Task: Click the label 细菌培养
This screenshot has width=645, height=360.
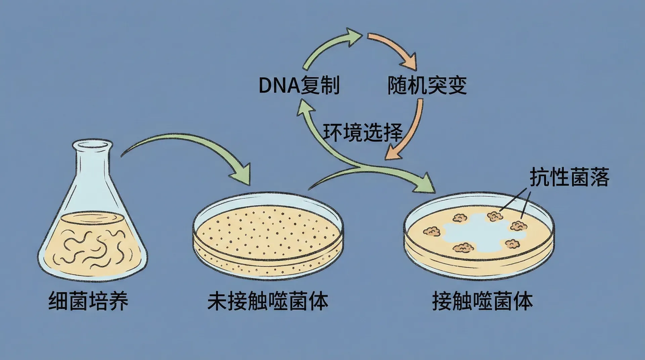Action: (88, 301)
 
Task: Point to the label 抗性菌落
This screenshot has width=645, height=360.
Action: (569, 177)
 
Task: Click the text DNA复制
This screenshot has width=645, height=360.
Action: (299, 85)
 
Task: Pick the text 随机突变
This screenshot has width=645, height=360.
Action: (427, 85)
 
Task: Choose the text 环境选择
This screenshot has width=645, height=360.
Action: (363, 132)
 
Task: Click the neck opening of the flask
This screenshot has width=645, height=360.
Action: (91, 145)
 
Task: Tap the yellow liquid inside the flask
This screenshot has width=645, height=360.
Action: (92, 242)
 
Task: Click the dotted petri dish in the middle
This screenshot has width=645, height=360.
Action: (268, 232)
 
